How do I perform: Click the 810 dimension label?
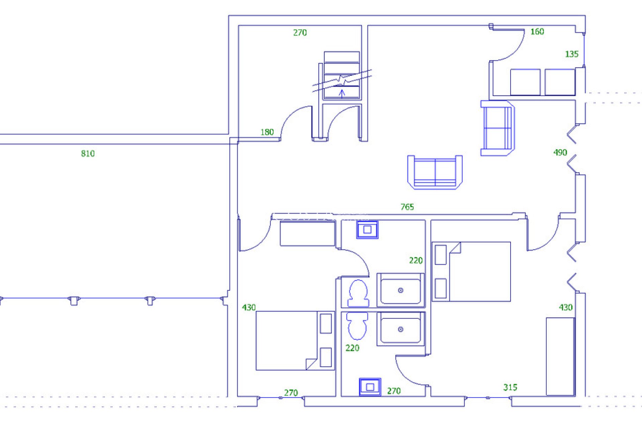(88, 153)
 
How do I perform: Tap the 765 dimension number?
(407, 207)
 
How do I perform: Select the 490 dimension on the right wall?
(560, 152)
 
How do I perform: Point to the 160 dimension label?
(537, 31)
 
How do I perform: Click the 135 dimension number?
(571, 54)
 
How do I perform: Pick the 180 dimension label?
(267, 132)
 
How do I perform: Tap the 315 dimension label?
(510, 387)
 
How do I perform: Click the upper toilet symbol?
(358, 294)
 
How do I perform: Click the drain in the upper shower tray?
(401, 290)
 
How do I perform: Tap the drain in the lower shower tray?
(401, 329)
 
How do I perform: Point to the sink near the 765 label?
(367, 230)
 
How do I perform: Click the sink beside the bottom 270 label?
(370, 387)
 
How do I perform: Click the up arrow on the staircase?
(342, 93)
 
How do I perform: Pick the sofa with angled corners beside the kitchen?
(498, 128)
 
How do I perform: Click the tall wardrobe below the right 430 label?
(560, 356)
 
